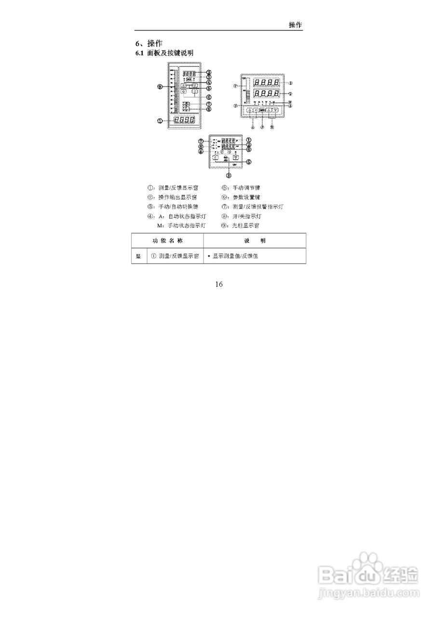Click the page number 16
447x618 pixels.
point(219,284)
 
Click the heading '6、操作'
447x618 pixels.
point(149,43)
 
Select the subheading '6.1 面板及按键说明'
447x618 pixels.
point(164,53)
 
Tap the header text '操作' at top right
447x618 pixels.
point(296,25)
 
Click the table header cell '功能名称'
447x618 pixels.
point(167,240)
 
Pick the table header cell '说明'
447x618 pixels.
point(255,240)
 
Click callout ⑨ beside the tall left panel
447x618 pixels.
point(160,87)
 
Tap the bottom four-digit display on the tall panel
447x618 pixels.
point(185,120)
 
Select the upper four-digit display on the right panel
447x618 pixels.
point(267,83)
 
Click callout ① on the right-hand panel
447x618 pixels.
point(290,83)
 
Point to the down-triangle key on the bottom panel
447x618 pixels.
point(235,157)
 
